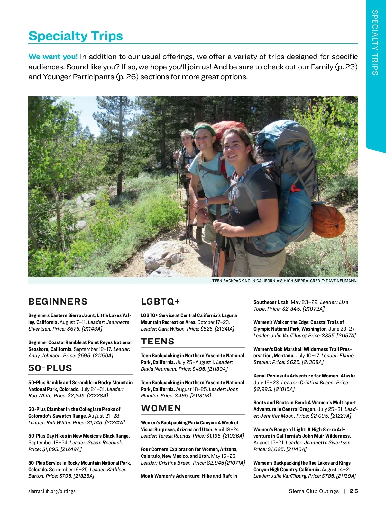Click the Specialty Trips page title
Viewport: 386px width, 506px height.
tap(76, 36)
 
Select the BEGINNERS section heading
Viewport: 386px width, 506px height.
tap(58, 301)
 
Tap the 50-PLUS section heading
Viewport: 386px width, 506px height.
tap(50, 368)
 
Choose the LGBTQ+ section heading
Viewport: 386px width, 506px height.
tap(161, 301)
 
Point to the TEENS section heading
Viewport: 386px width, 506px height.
tap(158, 341)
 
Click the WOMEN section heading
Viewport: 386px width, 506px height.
tap(161, 408)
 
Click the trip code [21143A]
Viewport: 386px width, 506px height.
tap(92, 329)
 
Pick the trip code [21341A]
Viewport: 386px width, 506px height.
tap(224, 329)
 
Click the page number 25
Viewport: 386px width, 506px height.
tap(354, 491)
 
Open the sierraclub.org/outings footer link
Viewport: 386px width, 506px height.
tap(52, 491)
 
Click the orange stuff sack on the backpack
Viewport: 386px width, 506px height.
tap(329, 220)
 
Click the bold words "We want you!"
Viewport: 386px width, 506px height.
tap(53, 57)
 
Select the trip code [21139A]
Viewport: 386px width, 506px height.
tap(346, 476)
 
